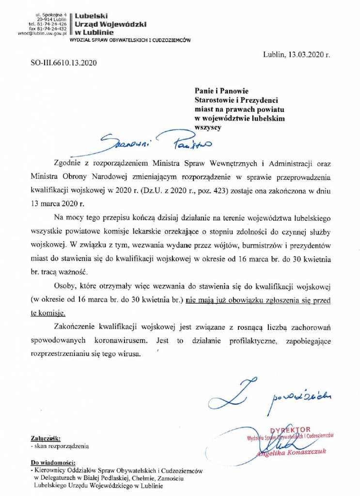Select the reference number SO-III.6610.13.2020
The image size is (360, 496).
point(64,63)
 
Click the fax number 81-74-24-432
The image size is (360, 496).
point(52,28)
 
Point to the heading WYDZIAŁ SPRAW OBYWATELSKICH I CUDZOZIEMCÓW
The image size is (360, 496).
point(130,41)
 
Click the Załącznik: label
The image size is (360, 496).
point(46,438)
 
